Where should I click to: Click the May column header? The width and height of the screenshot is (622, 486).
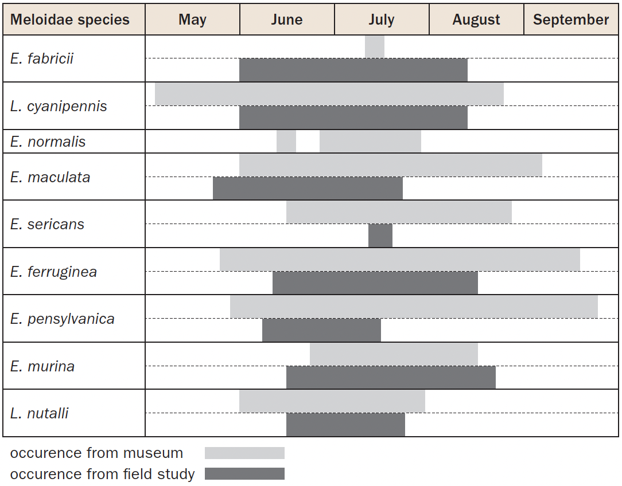(192, 19)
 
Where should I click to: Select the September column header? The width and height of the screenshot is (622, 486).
(571, 19)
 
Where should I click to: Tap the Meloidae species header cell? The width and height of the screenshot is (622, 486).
(70, 19)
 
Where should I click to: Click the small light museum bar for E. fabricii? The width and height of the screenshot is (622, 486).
(375, 46)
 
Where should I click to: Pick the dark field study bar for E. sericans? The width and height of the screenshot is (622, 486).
(380, 236)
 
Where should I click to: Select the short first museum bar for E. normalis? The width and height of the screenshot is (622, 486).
(286, 141)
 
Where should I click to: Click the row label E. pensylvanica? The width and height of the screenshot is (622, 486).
(63, 319)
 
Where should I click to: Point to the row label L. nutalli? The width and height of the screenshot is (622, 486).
(40, 413)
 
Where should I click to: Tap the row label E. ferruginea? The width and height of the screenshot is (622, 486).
(53, 272)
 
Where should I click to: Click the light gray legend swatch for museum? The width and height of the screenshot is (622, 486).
(244, 453)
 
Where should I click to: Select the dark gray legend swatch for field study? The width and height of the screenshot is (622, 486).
(244, 474)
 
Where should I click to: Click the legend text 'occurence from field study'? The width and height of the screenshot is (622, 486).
(103, 474)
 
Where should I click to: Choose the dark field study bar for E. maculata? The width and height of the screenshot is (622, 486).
(308, 189)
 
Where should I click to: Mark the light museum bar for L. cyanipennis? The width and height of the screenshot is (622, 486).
(329, 94)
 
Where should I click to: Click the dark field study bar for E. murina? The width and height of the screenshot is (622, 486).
(391, 378)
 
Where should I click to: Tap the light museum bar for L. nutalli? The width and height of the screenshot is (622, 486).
(332, 401)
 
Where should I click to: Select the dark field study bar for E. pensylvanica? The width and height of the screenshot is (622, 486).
(321, 330)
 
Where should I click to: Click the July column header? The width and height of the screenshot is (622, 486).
(382, 19)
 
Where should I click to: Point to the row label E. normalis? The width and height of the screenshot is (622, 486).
(48, 142)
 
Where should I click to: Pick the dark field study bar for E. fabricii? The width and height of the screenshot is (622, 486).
(353, 70)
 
